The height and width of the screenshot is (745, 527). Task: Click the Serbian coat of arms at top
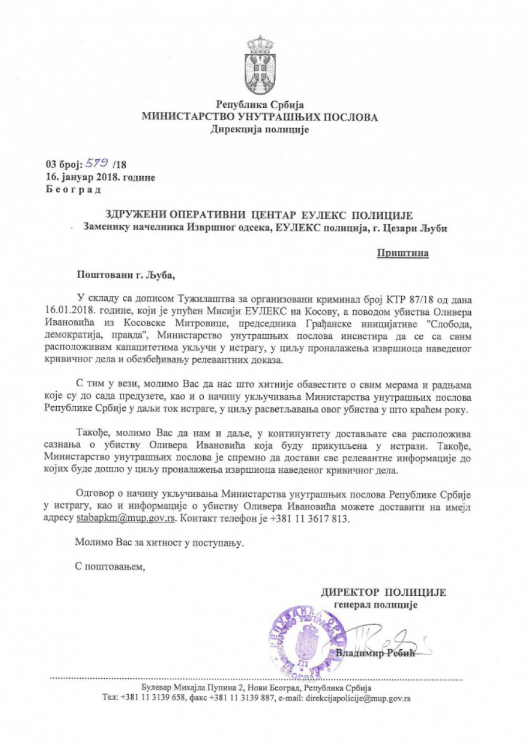click(259, 65)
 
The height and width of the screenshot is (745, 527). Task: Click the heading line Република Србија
click(259, 105)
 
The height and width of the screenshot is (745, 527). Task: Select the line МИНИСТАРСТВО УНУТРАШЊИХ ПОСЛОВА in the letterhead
click(259, 117)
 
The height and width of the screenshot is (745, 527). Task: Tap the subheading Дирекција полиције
click(259, 129)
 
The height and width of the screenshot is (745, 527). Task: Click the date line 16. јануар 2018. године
click(101, 177)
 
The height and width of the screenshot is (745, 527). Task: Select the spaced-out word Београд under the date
click(73, 189)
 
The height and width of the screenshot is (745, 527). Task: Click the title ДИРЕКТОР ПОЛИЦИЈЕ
click(384, 592)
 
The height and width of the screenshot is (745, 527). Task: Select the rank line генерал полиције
click(375, 605)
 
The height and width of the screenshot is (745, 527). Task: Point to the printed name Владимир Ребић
click(375, 654)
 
